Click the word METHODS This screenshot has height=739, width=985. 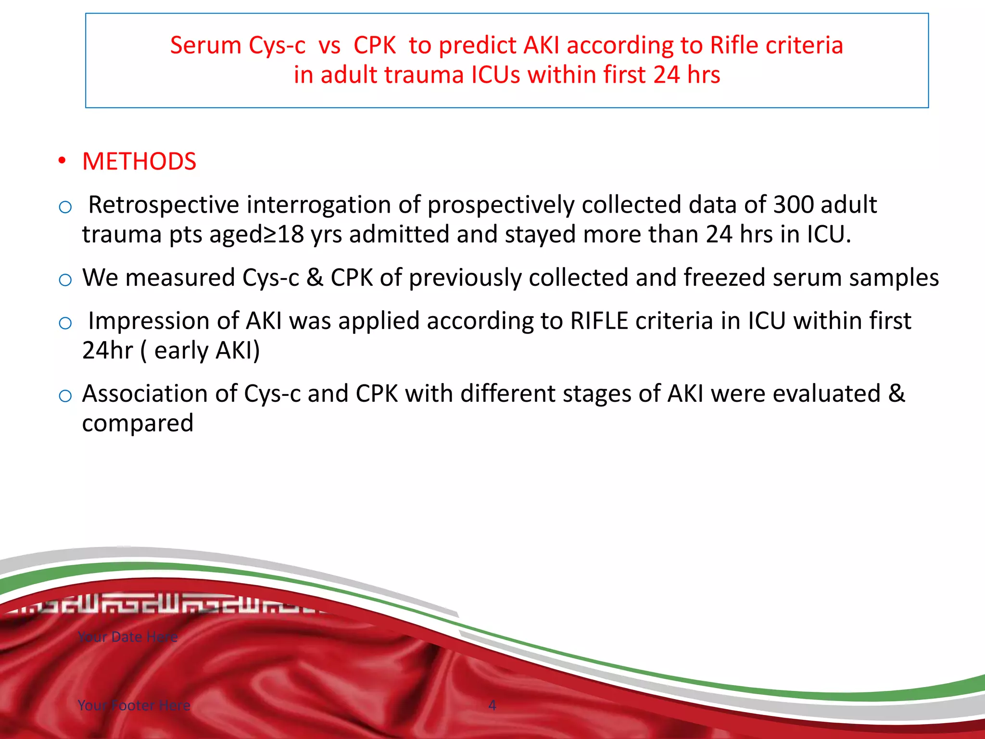click(x=139, y=162)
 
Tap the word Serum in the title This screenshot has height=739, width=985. click(x=205, y=46)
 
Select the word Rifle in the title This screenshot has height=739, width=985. click(x=733, y=46)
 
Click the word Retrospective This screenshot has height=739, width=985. click(x=164, y=205)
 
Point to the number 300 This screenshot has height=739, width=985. click(x=793, y=205)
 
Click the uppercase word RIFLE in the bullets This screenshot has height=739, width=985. click(x=599, y=321)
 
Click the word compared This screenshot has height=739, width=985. click(x=138, y=424)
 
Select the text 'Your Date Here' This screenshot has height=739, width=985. click(x=127, y=637)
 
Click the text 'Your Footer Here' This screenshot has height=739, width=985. click(x=134, y=705)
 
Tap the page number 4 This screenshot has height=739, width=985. click(x=492, y=705)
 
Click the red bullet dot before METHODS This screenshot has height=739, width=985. click(x=62, y=161)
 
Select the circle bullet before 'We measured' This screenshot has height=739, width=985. click(x=65, y=280)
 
